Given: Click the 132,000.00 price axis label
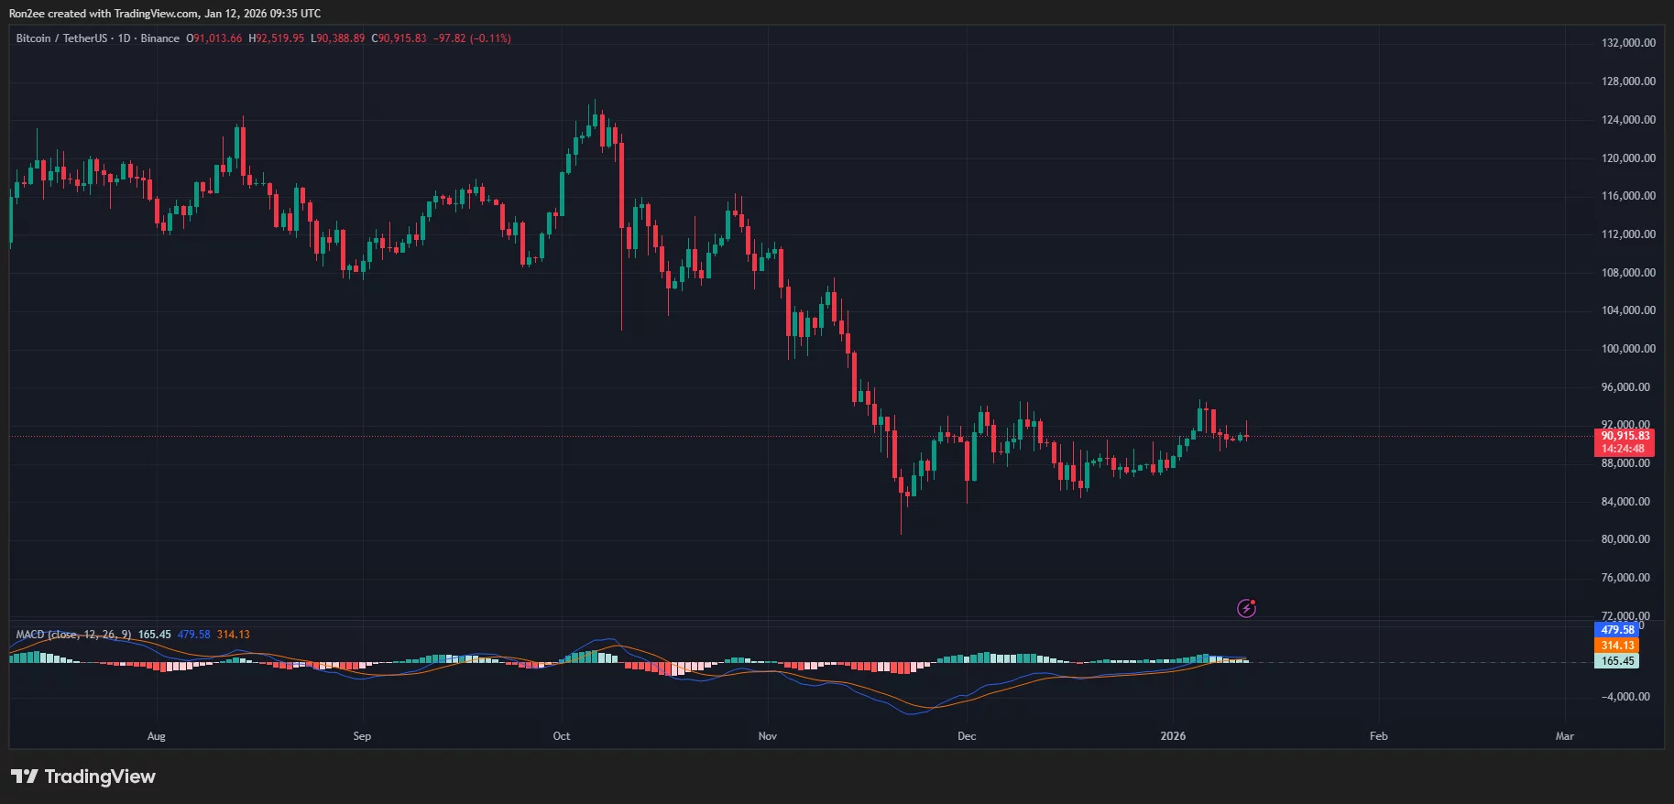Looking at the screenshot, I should [x=1628, y=43].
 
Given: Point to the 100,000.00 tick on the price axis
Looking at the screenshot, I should [x=1628, y=349].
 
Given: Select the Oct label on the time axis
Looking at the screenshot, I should [x=562, y=736].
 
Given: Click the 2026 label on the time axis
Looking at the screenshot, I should [x=1173, y=736].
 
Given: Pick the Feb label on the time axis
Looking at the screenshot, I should [x=1378, y=736].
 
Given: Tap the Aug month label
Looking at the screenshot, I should [x=157, y=736].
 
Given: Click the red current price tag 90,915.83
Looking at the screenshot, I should [x=1625, y=437].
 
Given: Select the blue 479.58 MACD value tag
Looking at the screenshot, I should [x=1617, y=630].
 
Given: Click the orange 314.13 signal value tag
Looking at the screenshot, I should [x=1617, y=646].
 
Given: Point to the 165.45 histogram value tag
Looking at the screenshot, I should [x=1617, y=661].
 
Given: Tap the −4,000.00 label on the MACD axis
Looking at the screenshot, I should [x=1625, y=697].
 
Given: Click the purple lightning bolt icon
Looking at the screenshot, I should [x=1246, y=608].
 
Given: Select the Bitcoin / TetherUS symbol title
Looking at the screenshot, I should [x=60, y=38].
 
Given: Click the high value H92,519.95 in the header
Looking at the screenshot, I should [x=277, y=38].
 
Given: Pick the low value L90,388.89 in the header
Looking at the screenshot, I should [x=337, y=38].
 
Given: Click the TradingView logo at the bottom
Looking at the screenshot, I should [x=83, y=777].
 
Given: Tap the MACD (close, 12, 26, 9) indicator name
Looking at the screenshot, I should [x=73, y=635].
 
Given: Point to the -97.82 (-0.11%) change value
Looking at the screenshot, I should [x=472, y=38].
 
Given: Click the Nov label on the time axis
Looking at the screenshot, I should [x=768, y=736].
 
